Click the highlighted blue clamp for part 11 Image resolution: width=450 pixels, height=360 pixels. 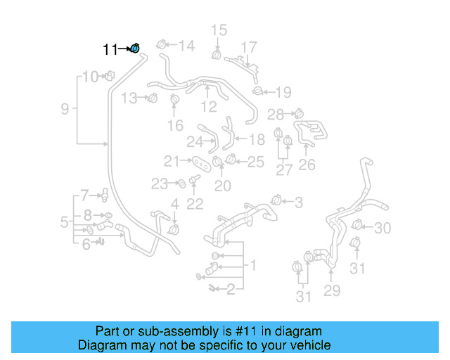(135, 48)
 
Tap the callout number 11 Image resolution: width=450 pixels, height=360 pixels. (110, 49)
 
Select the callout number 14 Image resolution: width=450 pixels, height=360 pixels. (186, 46)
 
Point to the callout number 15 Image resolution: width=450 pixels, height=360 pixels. (219, 30)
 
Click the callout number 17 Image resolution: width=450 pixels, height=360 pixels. (249, 46)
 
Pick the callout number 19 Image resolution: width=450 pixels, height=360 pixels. (282, 91)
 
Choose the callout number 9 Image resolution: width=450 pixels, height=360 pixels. (65, 109)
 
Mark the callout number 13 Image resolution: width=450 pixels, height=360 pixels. (129, 98)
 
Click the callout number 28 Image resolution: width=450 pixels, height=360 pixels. (275, 114)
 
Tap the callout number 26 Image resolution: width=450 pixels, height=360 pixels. (307, 166)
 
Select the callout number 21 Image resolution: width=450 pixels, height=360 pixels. (172, 161)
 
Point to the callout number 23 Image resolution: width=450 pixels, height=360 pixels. (160, 184)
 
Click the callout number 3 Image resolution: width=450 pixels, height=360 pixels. (298, 203)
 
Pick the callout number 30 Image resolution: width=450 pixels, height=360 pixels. (382, 228)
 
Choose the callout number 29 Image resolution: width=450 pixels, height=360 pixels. (331, 290)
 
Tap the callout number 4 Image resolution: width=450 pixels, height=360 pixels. (175, 205)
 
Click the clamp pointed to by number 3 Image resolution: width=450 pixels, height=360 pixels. (277, 200)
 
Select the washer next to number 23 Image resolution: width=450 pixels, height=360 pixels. (180, 184)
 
